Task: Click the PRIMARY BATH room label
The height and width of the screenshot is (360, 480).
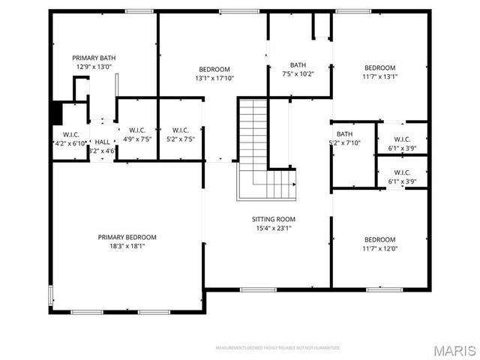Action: (x=94, y=58)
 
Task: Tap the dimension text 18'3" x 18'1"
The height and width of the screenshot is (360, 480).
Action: (x=127, y=245)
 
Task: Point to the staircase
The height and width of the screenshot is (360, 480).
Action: (x=262, y=150)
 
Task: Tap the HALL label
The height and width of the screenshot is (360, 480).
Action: (x=102, y=142)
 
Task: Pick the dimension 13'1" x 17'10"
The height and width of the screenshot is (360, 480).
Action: (x=214, y=77)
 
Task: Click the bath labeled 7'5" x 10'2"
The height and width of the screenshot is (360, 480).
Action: (x=298, y=69)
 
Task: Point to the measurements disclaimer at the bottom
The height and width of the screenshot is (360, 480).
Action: (x=278, y=348)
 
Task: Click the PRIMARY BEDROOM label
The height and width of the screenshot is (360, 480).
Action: (x=127, y=237)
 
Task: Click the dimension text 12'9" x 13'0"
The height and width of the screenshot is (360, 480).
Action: (x=94, y=67)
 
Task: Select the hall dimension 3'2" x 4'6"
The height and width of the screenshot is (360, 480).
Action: (x=101, y=151)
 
